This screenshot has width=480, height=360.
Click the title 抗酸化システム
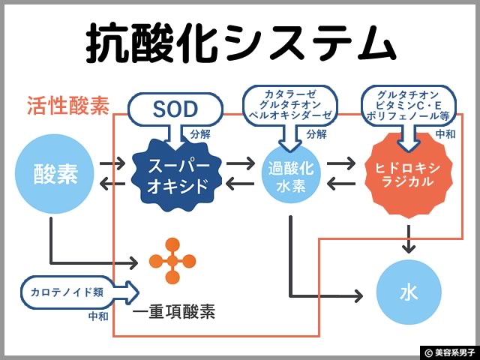[x=240, y=43]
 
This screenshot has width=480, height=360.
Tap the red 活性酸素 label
[x=67, y=106]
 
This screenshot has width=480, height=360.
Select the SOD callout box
[x=175, y=109]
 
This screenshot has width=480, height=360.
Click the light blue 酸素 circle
[x=55, y=173]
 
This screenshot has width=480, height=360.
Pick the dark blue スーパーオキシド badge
[x=177, y=173]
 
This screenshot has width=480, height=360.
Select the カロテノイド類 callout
[x=71, y=292]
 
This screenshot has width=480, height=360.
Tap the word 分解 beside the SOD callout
[x=201, y=135]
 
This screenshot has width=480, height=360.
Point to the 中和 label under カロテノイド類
[x=98, y=316]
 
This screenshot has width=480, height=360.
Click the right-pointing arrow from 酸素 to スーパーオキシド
[x=112, y=162]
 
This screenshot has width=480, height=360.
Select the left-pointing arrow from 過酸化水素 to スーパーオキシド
[x=241, y=184]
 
